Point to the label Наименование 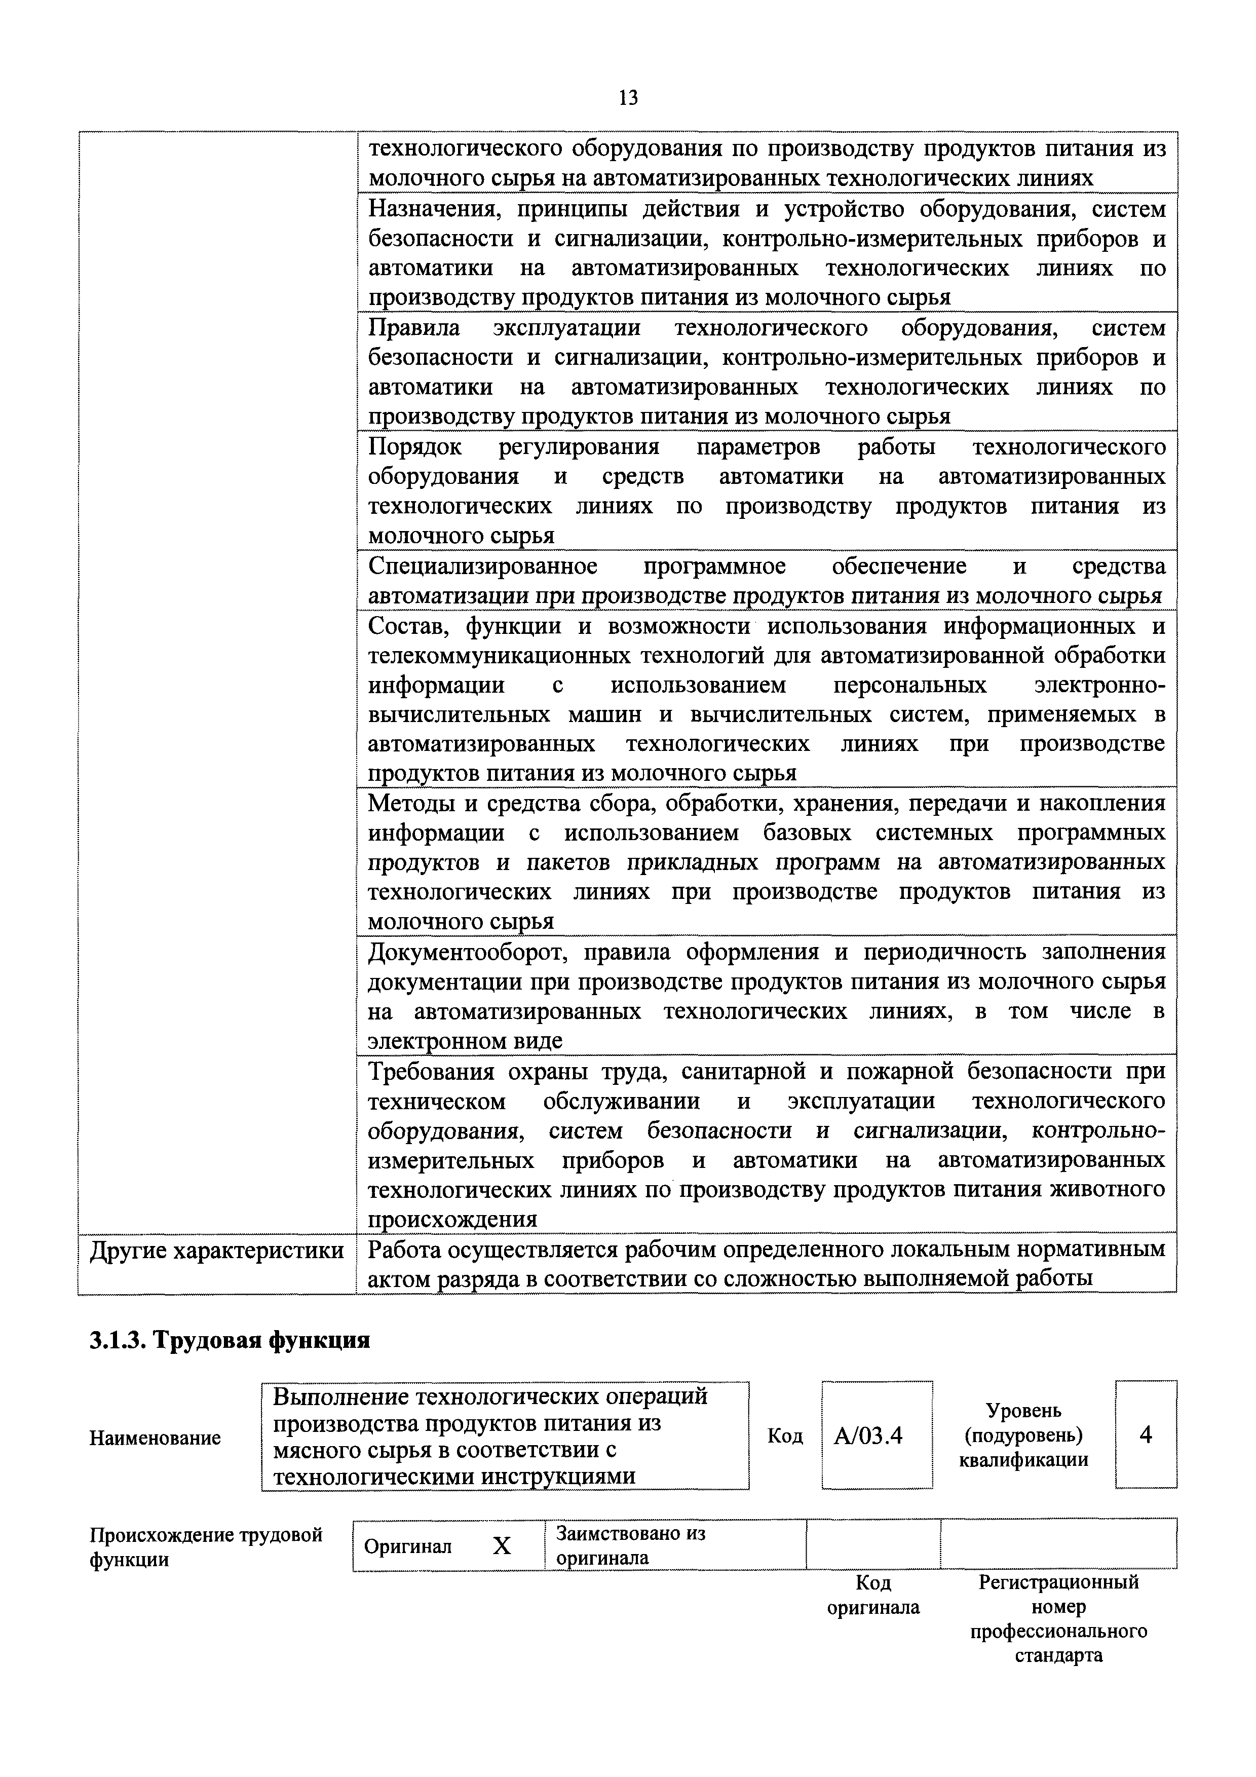(x=155, y=1438)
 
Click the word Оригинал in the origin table (x=407, y=1546)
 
